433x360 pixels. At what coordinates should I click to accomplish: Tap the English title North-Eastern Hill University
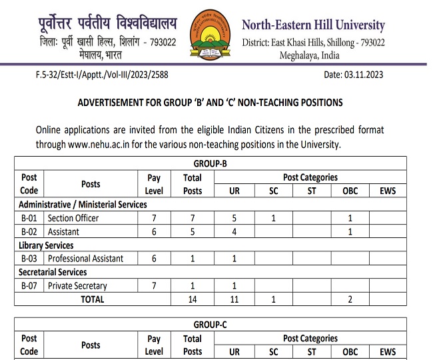[312, 25]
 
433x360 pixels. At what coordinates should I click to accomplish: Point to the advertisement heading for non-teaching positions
[210, 103]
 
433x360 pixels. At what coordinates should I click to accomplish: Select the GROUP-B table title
[210, 164]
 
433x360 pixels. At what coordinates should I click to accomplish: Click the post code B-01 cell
[29, 218]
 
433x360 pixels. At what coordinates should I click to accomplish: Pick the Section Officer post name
[73, 218]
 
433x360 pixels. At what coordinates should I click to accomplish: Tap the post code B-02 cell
[29, 231]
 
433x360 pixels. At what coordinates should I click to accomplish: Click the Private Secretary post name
[77, 286]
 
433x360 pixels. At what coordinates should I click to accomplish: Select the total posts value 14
[192, 299]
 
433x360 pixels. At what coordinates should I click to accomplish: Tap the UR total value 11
[234, 299]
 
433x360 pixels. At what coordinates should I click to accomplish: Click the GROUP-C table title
[210, 325]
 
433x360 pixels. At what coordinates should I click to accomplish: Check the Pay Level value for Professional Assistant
[154, 259]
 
